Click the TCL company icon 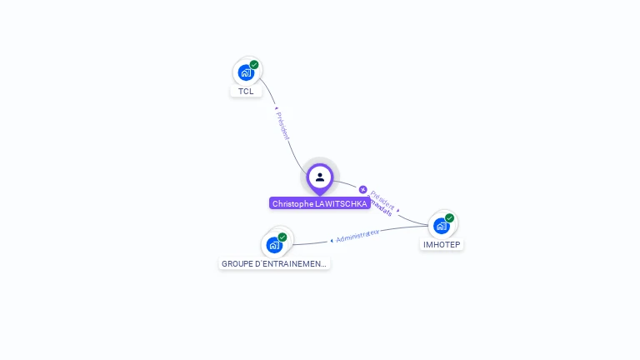246,72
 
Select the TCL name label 246,92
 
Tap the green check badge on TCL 254,65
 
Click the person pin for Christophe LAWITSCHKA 320,177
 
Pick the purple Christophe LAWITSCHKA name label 320,203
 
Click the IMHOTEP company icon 441,225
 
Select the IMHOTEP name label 442,245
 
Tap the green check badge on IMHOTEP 449,218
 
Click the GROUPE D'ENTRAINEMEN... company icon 274,244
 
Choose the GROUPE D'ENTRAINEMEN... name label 274,263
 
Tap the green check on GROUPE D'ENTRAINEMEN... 282,237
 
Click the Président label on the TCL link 282,125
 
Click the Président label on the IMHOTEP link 382,197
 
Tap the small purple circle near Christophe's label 363,189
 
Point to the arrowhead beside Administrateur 332,240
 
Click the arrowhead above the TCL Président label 275,107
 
